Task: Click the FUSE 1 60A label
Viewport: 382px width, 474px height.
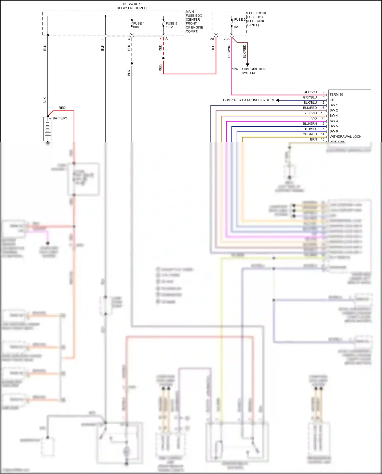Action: (139, 25)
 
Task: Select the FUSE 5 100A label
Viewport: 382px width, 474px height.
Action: (171, 25)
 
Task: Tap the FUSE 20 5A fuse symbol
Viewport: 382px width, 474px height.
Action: (231, 23)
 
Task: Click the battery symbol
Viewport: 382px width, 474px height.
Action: (47, 129)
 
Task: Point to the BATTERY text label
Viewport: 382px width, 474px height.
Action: (60, 118)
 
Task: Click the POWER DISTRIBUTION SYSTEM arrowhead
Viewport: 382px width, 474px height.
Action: (247, 65)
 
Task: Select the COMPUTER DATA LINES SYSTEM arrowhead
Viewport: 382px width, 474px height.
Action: (278, 100)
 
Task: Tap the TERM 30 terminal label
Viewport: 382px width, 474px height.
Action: (336, 94)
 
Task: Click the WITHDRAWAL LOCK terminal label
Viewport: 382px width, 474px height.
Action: (345, 137)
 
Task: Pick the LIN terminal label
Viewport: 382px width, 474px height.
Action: (332, 100)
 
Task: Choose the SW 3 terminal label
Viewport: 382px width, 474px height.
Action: (333, 121)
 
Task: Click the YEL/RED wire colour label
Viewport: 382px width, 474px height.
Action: (310, 134)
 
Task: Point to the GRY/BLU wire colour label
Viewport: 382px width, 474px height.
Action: (310, 97)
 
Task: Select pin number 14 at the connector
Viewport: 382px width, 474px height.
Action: (322, 134)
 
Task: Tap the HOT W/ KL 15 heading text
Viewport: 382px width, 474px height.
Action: (132, 4)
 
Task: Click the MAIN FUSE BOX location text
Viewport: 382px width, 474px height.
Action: (194, 21)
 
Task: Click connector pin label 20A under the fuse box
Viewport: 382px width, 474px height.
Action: (226, 39)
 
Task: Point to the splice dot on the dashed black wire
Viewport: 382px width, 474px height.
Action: (132, 63)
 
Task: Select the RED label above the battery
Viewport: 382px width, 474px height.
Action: (62, 108)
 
